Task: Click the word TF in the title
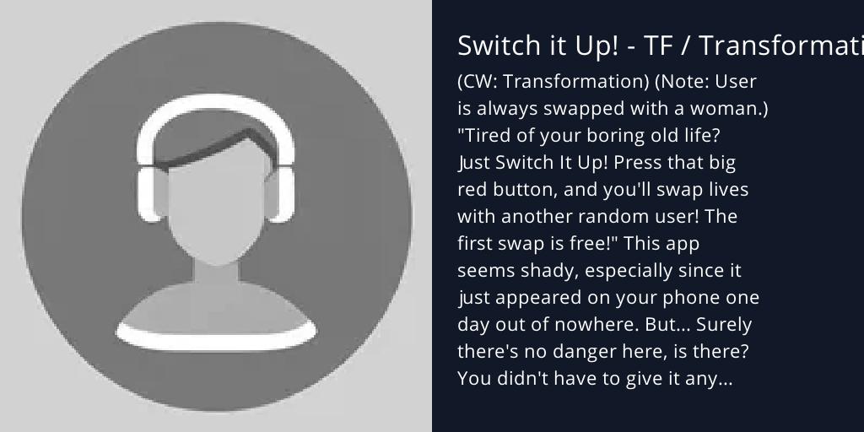point(657,46)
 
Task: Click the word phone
point(683,298)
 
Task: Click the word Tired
point(489,136)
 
